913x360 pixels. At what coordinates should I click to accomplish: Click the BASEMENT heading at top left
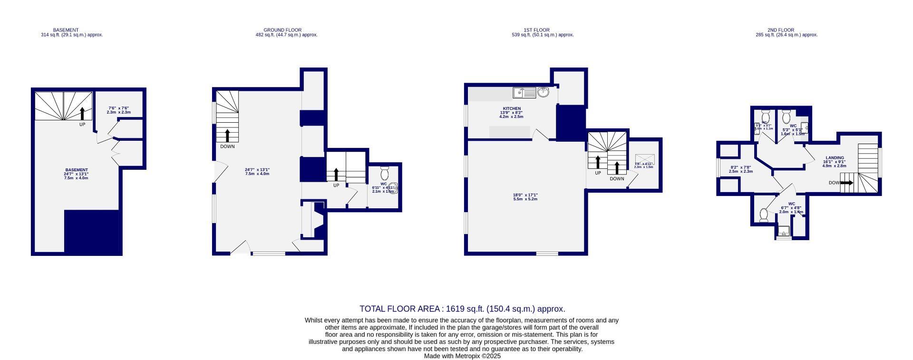click(x=66, y=30)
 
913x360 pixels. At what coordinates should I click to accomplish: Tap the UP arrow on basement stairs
click(x=82, y=114)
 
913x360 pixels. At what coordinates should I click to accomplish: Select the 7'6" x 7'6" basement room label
click(x=118, y=110)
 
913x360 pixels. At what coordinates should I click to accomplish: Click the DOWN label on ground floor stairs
click(x=227, y=146)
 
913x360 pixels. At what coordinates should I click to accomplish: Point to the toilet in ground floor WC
click(x=385, y=173)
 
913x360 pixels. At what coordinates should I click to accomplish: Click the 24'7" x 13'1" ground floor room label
click(x=257, y=172)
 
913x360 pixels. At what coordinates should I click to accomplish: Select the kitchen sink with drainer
click(x=524, y=92)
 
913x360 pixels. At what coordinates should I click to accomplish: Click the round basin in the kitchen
click(x=543, y=92)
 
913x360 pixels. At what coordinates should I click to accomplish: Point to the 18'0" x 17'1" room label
click(x=525, y=197)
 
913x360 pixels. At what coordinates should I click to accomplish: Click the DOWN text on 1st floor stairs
click(x=617, y=179)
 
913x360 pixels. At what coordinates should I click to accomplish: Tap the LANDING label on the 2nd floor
click(x=835, y=158)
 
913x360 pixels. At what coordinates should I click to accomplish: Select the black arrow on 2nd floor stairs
click(x=846, y=183)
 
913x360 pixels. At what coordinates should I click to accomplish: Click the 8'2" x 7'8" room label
click(x=740, y=169)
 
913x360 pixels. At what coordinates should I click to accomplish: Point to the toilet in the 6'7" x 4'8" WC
click(x=764, y=215)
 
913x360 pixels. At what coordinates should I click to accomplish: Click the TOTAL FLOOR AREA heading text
click(x=462, y=309)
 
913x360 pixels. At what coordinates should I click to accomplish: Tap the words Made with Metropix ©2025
click(x=462, y=356)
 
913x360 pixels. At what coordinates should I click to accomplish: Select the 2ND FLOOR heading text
click(x=780, y=30)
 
